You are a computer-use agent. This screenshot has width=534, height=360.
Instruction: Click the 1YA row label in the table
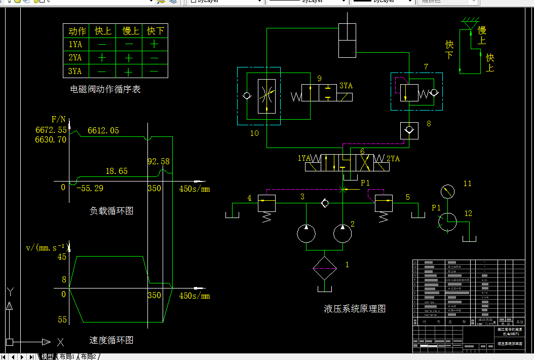pos(75,44)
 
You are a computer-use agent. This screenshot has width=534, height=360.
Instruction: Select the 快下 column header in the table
pos(155,31)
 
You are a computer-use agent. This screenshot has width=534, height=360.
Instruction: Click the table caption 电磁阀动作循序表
pos(105,90)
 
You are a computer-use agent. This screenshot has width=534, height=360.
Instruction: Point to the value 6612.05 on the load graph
pos(103,130)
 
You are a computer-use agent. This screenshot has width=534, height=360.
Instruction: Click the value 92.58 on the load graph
pos(158,161)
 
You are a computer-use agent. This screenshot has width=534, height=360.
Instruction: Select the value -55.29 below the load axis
pos(90,189)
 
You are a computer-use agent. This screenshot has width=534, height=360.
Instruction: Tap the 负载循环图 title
pos(111,211)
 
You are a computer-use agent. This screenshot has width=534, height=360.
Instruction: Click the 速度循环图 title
pos(111,340)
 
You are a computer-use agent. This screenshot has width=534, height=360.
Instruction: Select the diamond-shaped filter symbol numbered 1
pos(324,268)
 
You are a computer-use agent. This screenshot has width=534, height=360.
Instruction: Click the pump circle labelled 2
pos(342,233)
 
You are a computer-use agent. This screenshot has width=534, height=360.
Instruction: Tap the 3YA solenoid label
pos(346,86)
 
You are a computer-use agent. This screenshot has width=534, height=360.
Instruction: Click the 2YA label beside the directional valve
pos(393,159)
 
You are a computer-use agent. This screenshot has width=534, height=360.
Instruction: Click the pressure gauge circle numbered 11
pos(447,191)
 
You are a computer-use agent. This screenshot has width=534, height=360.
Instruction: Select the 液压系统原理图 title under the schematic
pos(355,308)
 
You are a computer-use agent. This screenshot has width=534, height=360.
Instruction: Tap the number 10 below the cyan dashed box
pos(254,133)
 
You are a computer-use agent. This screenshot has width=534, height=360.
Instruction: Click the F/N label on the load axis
pos(59,120)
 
